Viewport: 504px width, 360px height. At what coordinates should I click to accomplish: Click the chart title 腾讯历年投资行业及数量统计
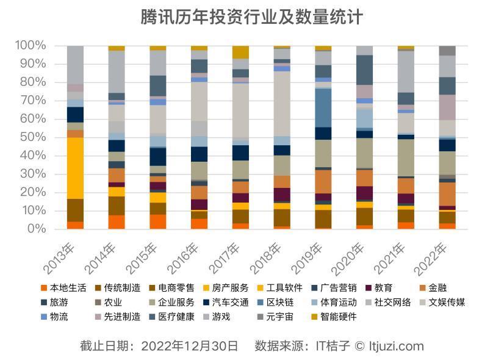coord(251,16)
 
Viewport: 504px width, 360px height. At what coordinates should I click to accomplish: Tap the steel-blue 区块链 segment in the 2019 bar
coord(323,107)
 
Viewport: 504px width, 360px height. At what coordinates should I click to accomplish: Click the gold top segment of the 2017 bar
coord(240,52)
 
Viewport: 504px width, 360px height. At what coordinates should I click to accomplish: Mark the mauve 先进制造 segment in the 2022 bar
coord(447,107)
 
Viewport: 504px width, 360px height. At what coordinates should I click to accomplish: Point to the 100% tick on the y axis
coord(31,46)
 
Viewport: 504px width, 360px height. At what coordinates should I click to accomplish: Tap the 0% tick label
coord(35,229)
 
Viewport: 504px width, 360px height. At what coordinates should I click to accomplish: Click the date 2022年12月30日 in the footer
coord(190,346)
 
